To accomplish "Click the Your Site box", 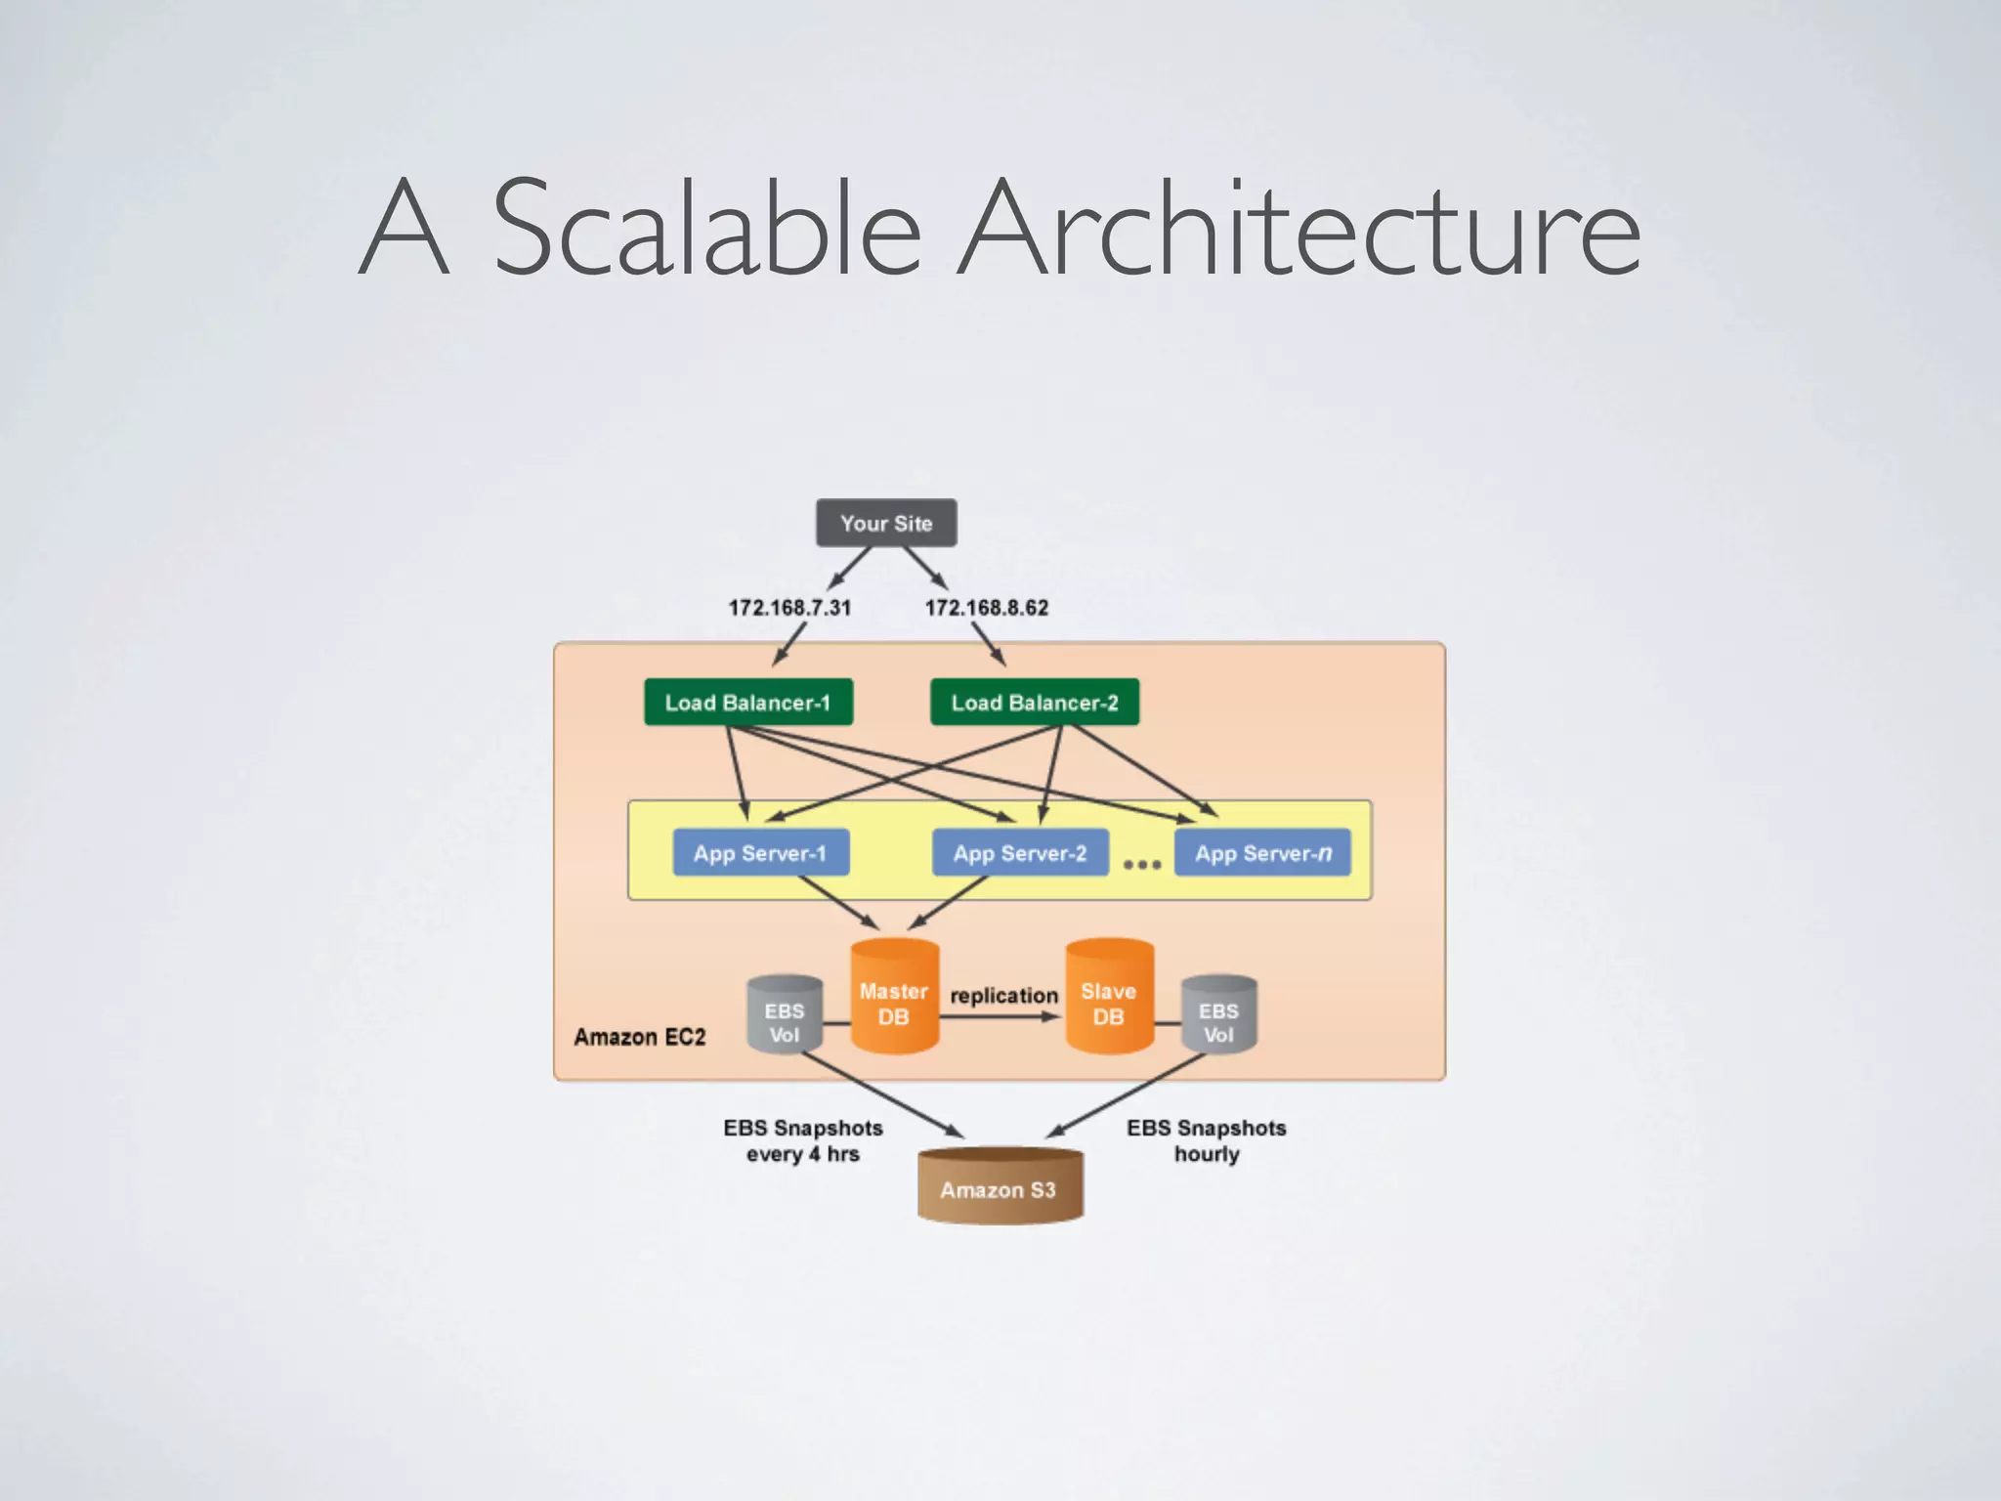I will coord(886,523).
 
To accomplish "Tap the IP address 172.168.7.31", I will coord(789,608).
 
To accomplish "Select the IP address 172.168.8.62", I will coord(987,608).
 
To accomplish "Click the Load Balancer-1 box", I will coord(748,703).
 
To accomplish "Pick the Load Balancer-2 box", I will coord(1035,703).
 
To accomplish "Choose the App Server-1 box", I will coord(760,853).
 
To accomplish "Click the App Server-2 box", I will coord(1020,853).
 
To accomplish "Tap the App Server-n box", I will coord(1262,853).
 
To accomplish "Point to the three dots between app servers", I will coord(1141,865).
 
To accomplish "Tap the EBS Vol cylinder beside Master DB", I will coord(785,1016).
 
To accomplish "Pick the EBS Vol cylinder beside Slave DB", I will coord(1218,1016).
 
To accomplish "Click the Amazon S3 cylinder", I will coord(1000,1187).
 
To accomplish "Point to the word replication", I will coord(1003,996).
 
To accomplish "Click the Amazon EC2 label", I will coord(640,1037).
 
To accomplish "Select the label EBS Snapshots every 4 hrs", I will coord(803,1140).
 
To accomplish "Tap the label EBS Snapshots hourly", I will coord(1207,1140).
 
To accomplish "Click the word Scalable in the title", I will coord(707,227).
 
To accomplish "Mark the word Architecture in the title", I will coord(1299,227).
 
